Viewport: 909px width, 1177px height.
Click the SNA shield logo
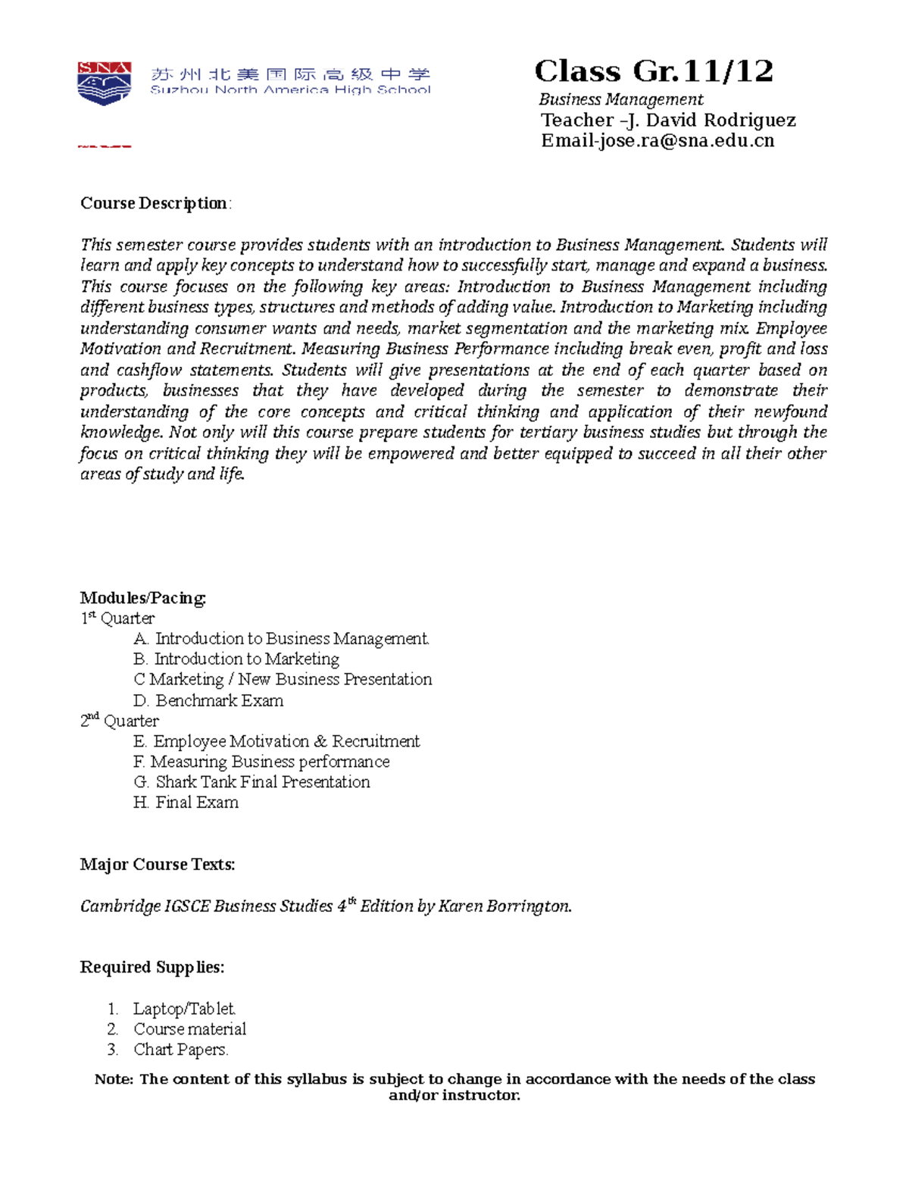pyautogui.click(x=105, y=83)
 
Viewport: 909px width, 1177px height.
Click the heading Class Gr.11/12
pyautogui.click(x=653, y=72)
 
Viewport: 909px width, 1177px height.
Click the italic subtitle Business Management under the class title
pyautogui.click(x=620, y=99)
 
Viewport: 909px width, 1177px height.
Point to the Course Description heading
pyautogui.click(x=155, y=203)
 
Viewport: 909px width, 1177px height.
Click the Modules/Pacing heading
pyautogui.click(x=143, y=598)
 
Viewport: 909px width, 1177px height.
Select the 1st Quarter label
pyautogui.click(x=117, y=618)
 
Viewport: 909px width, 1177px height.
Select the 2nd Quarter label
pyautogui.click(x=120, y=721)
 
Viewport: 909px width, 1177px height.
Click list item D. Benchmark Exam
pyautogui.click(x=208, y=700)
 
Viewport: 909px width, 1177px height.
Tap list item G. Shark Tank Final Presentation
pyautogui.click(x=251, y=782)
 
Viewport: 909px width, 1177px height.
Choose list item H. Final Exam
pyautogui.click(x=186, y=803)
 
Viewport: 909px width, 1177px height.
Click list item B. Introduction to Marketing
pyautogui.click(x=236, y=659)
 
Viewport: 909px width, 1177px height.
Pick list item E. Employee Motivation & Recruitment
pyautogui.click(x=276, y=741)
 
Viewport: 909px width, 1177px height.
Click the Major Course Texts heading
pyautogui.click(x=158, y=865)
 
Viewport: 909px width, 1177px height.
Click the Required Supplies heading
pyautogui.click(x=151, y=968)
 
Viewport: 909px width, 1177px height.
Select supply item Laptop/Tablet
pyautogui.click(x=184, y=1009)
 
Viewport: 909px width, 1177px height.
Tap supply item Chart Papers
pyautogui.click(x=180, y=1050)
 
